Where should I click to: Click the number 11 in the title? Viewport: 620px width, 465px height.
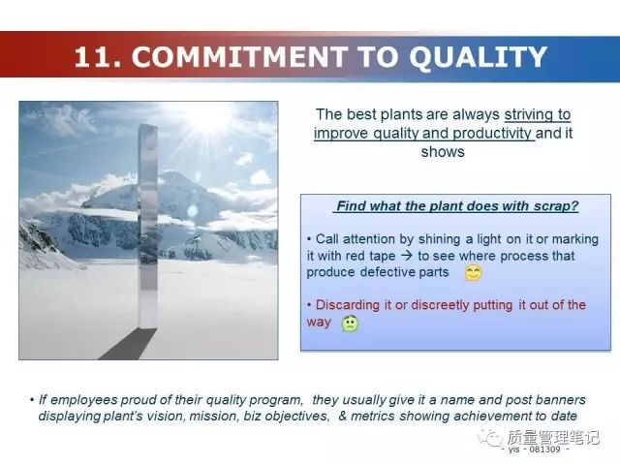tap(93, 57)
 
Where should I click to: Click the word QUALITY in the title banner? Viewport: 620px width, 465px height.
tap(478, 57)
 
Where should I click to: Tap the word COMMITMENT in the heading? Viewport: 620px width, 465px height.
tap(239, 57)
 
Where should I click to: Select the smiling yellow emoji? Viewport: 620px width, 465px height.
tap(473, 273)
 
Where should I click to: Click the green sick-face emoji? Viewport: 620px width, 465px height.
tap(351, 324)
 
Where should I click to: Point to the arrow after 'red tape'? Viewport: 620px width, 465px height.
tap(406, 256)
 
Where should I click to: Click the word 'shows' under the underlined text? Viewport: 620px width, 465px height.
tap(443, 152)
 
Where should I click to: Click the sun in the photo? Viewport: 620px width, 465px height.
tap(208, 115)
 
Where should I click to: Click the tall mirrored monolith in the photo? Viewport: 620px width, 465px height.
tap(148, 226)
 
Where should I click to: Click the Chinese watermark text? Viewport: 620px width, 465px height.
tap(553, 438)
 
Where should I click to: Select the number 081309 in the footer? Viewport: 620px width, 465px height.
tap(544, 449)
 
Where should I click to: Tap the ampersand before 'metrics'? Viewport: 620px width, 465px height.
tap(342, 416)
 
